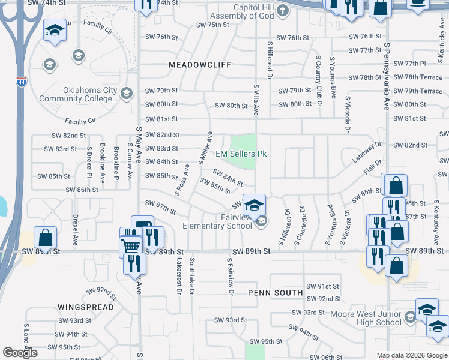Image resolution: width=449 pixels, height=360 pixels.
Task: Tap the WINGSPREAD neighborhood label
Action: click(x=86, y=307)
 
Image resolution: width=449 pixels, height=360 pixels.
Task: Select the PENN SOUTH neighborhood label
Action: click(x=276, y=293)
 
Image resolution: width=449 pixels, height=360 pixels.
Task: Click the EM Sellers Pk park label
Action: click(x=241, y=154)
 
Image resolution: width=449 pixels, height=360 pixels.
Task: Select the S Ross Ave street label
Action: click(x=182, y=179)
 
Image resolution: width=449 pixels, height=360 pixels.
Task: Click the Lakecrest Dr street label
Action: click(x=179, y=276)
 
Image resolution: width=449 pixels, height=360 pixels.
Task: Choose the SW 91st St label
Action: click(x=323, y=287)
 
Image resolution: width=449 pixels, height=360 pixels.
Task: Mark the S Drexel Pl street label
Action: click(x=89, y=161)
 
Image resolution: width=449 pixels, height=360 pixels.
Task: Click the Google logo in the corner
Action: click(x=20, y=353)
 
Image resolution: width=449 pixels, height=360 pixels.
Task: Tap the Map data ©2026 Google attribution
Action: click(x=411, y=355)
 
